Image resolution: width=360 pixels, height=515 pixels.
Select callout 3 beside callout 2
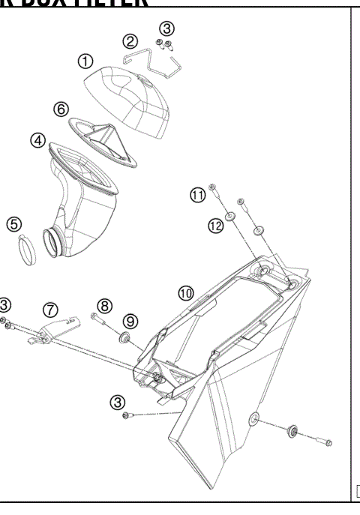166,28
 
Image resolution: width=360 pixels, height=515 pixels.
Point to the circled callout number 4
36,140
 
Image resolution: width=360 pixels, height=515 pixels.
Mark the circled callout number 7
50,308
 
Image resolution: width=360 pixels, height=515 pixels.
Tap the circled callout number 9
130,321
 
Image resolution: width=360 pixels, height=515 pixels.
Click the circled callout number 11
197,196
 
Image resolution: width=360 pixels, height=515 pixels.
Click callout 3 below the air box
118,402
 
